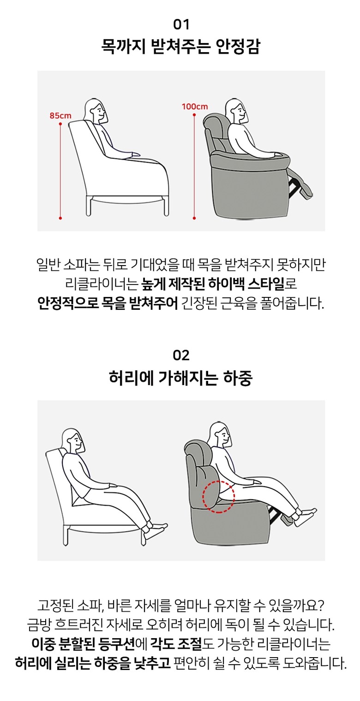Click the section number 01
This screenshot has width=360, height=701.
click(x=181, y=24)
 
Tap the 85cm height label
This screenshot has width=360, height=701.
click(x=60, y=115)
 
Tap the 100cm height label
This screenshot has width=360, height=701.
click(x=195, y=106)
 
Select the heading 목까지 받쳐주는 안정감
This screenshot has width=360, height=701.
click(x=181, y=48)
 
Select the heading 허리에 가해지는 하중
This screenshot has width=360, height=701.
click(x=181, y=378)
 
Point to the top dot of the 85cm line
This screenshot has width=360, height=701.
click(x=60, y=124)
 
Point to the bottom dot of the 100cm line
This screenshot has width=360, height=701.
click(x=194, y=218)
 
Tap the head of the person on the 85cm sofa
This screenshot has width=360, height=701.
click(x=96, y=110)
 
